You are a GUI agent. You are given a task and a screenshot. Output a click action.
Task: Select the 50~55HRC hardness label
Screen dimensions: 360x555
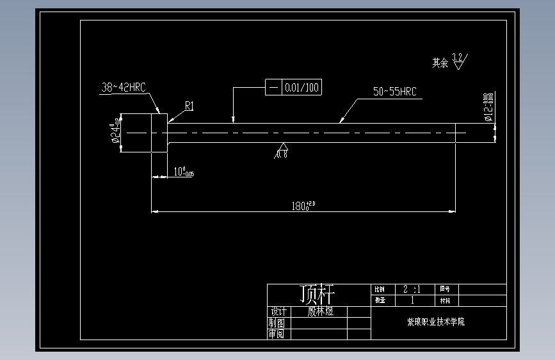pyautogui.click(x=394, y=92)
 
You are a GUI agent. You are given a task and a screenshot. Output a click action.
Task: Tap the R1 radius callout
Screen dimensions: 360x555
pyautogui.click(x=189, y=106)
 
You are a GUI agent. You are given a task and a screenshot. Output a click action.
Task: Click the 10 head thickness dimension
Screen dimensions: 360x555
pyautogui.click(x=184, y=172)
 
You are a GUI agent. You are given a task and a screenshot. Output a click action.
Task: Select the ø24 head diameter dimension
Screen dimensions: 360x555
pyautogui.click(x=116, y=133)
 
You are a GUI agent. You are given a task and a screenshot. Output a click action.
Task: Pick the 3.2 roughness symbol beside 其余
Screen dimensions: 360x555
pyautogui.click(x=458, y=61)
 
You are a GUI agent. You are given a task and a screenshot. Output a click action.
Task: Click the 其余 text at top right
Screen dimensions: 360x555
pyautogui.click(x=440, y=63)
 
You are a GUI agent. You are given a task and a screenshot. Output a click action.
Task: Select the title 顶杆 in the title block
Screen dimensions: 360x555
pyautogui.click(x=318, y=294)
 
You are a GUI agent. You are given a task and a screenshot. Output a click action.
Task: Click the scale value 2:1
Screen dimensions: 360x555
pyautogui.click(x=412, y=289)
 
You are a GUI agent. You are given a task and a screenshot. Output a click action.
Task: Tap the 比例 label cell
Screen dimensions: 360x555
pyautogui.click(x=380, y=290)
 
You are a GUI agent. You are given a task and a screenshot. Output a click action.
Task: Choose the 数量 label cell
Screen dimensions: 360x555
pyautogui.click(x=380, y=300)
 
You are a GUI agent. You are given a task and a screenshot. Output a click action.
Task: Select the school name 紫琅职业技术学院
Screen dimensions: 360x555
pyautogui.click(x=436, y=322)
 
